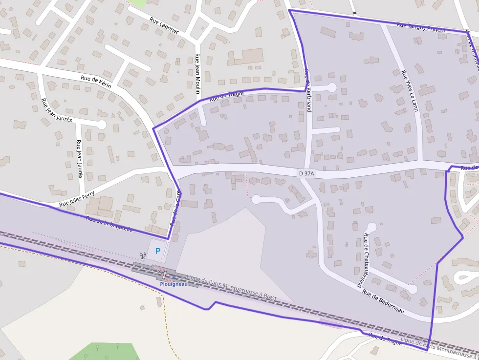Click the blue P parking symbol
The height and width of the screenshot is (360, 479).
coord(157,251)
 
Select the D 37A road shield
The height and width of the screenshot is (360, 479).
coord(306,173)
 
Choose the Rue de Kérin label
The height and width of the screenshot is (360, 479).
coord(96,82)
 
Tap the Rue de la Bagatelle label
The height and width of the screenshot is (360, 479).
coord(109,224)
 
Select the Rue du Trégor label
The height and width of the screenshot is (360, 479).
coord(226,96)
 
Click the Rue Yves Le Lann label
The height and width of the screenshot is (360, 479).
coord(410,91)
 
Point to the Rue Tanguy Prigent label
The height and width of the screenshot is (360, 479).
coord(421,28)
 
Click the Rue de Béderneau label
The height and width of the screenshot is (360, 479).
coord(383,301)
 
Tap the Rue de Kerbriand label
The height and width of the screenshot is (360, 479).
coord(307,90)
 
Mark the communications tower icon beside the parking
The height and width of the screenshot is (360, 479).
coord(143,255)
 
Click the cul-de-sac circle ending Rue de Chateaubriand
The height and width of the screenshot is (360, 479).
coord(371,227)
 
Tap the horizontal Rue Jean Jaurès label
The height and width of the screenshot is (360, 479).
coord(57,110)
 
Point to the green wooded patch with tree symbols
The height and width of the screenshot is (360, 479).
coord(105,351)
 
